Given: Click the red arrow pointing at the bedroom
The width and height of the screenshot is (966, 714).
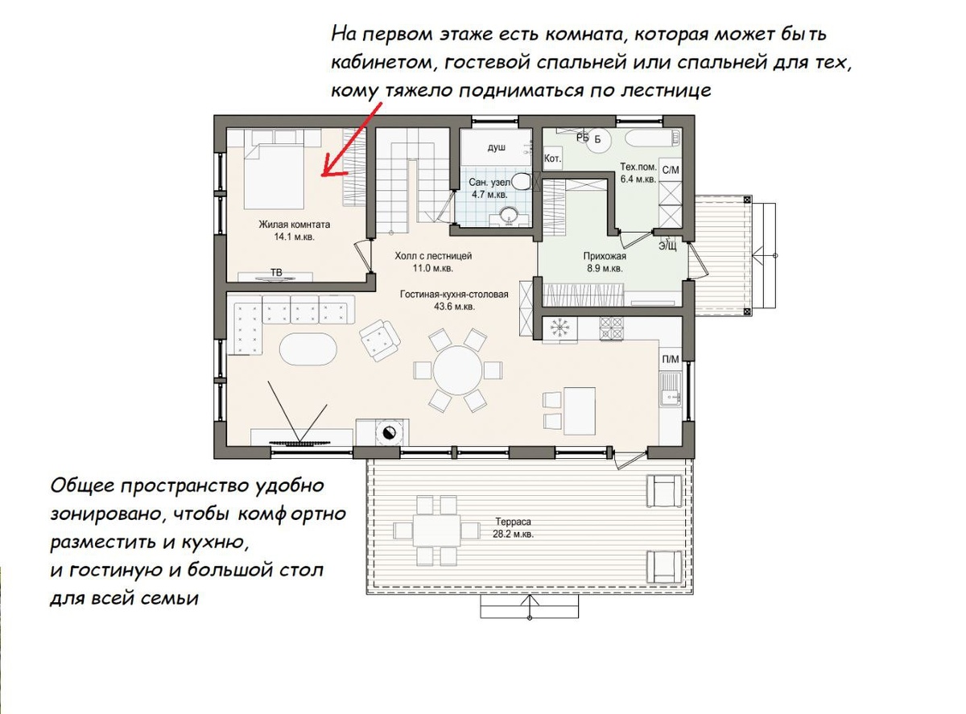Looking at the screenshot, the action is [x=352, y=139].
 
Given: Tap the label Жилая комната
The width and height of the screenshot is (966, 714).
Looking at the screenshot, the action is [x=295, y=225].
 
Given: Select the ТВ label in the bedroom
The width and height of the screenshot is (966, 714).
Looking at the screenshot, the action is [x=276, y=272].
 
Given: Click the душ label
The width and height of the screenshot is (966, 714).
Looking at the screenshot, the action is [x=496, y=147].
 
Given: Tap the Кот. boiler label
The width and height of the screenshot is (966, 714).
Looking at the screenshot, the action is [x=553, y=159].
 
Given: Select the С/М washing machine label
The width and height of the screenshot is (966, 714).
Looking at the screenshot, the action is [x=671, y=170].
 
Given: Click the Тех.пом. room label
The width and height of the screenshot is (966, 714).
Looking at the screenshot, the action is [x=638, y=167].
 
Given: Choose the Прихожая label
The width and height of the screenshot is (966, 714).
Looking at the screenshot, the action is [x=605, y=256].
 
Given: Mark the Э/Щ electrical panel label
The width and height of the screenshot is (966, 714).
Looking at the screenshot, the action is [x=667, y=246].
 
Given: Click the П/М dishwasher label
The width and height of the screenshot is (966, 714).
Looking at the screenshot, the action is [x=671, y=359].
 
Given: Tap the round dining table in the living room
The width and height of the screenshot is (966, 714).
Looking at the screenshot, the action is [x=458, y=370].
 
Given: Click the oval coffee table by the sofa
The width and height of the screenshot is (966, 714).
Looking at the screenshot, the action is [x=308, y=349].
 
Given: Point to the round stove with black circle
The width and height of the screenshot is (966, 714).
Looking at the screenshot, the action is [x=389, y=432].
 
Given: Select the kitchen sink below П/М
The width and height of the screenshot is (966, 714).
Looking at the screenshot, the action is [x=670, y=389].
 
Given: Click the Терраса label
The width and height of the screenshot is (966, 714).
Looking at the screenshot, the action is [x=514, y=522].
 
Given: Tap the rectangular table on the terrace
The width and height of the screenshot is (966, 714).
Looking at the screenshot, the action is [x=436, y=530].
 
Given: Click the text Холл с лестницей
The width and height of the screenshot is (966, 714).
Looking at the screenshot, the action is [x=433, y=256].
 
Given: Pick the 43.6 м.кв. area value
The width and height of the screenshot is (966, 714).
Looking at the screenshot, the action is [x=454, y=307].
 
